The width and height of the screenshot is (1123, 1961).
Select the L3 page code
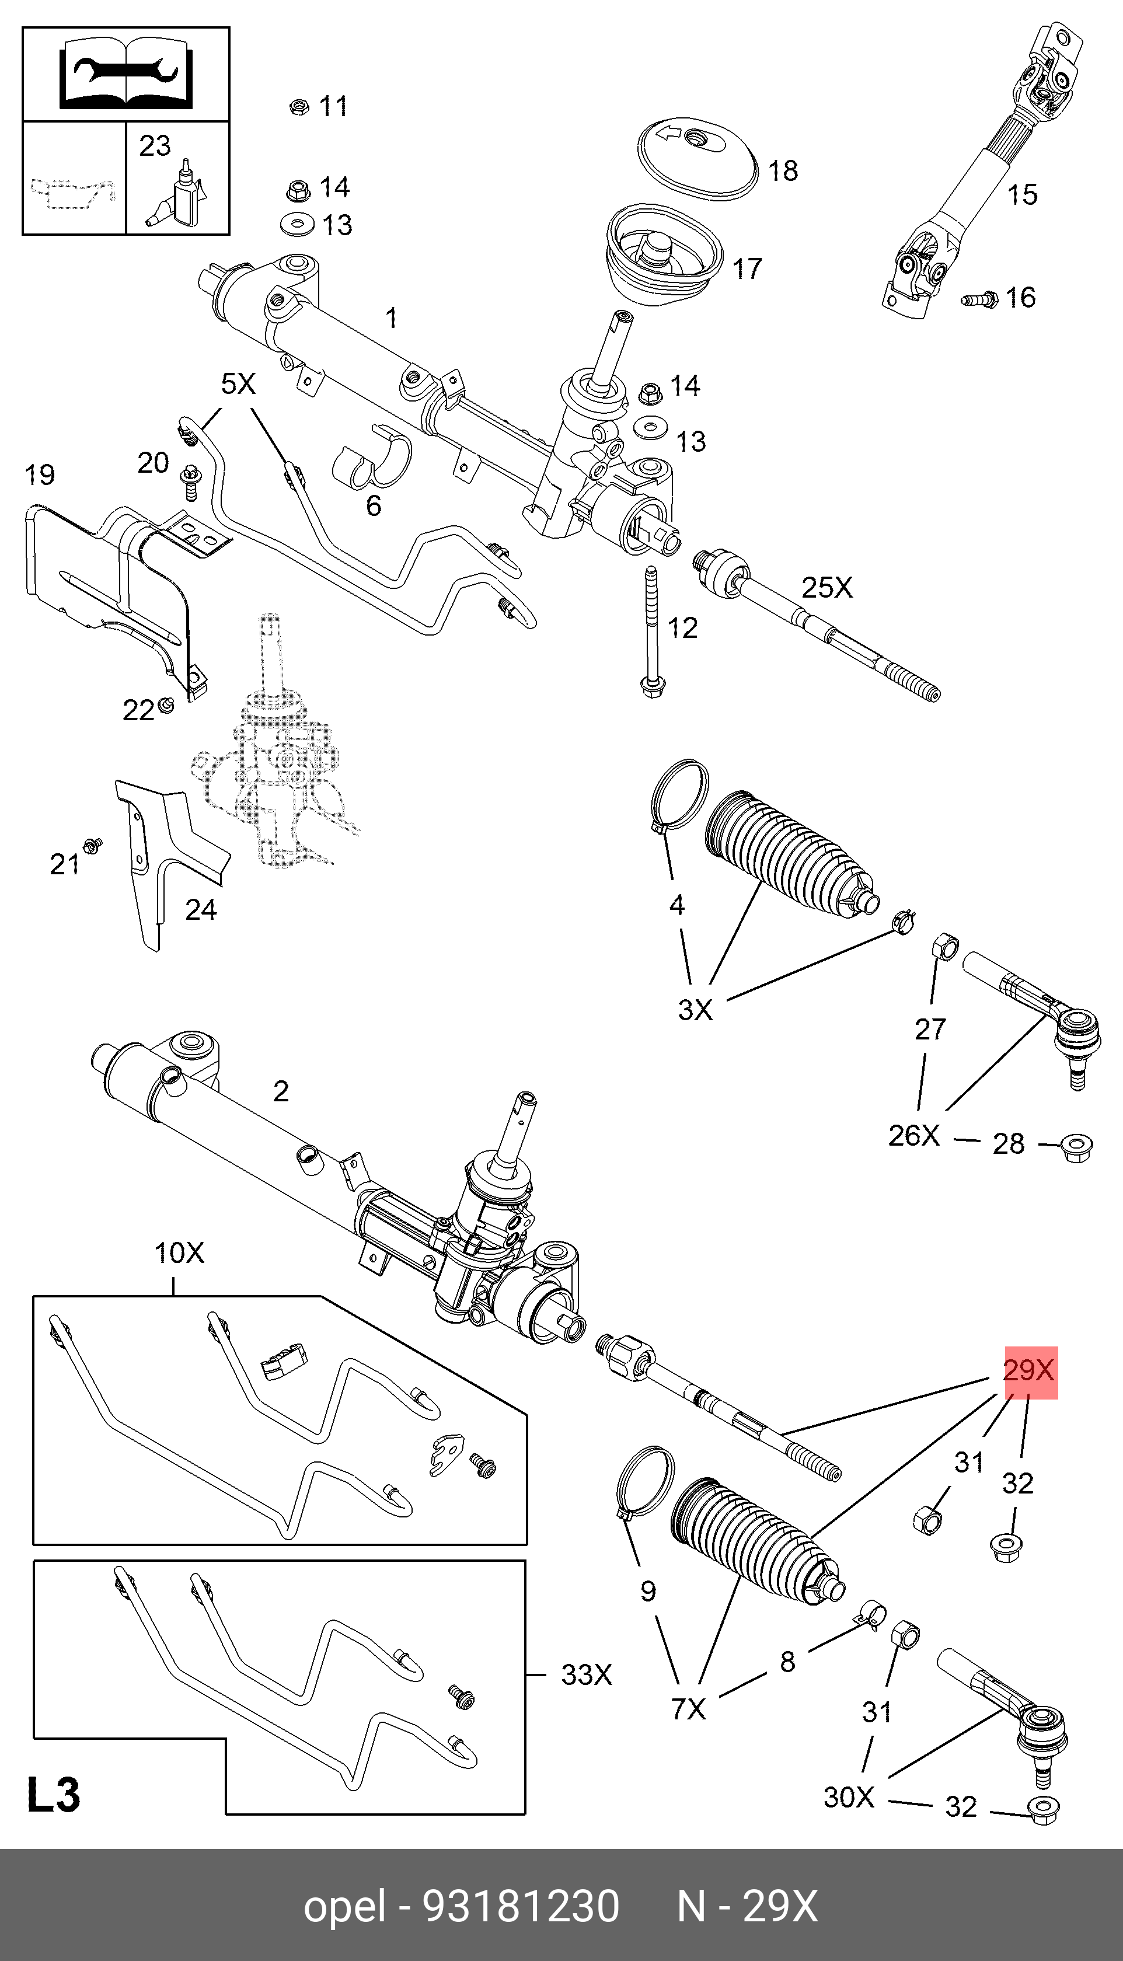point(53,1795)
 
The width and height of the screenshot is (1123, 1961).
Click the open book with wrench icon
point(125,74)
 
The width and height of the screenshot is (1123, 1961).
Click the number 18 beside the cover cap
point(783,171)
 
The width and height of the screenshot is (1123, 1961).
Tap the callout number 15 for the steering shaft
point(1023,195)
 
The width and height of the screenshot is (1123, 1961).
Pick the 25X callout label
point(827,588)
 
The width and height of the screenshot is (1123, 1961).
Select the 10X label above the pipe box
point(180,1253)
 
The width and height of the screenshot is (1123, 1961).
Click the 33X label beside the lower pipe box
point(586,1675)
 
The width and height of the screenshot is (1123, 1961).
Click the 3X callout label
point(696,1010)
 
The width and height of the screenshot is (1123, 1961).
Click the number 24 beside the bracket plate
point(201,910)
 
